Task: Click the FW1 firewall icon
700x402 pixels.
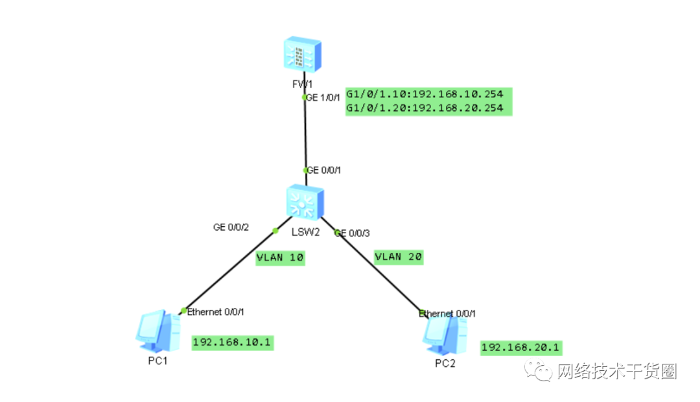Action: click(x=302, y=54)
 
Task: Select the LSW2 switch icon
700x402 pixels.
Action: click(x=305, y=202)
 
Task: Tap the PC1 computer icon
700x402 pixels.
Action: click(x=158, y=331)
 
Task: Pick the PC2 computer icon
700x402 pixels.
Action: click(x=445, y=335)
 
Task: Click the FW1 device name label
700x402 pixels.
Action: click(x=302, y=84)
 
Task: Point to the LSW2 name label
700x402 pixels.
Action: click(x=306, y=232)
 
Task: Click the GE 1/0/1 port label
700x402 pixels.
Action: click(x=323, y=97)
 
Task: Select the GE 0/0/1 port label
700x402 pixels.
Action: click(x=323, y=170)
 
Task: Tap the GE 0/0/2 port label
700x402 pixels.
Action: click(x=231, y=228)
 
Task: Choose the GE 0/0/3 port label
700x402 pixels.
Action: click(x=352, y=233)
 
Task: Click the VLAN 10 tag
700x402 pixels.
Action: click(x=280, y=257)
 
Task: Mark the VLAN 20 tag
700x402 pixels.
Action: click(x=398, y=257)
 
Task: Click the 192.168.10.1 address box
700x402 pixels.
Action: click(x=232, y=342)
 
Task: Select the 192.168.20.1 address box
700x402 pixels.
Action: click(x=521, y=348)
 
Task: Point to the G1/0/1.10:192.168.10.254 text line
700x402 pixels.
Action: click(x=425, y=94)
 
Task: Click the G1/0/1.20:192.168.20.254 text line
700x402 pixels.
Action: click(x=425, y=108)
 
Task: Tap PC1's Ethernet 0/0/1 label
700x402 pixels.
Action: click(x=215, y=312)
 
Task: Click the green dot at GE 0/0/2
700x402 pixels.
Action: click(x=275, y=231)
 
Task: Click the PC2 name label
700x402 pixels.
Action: click(x=445, y=364)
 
